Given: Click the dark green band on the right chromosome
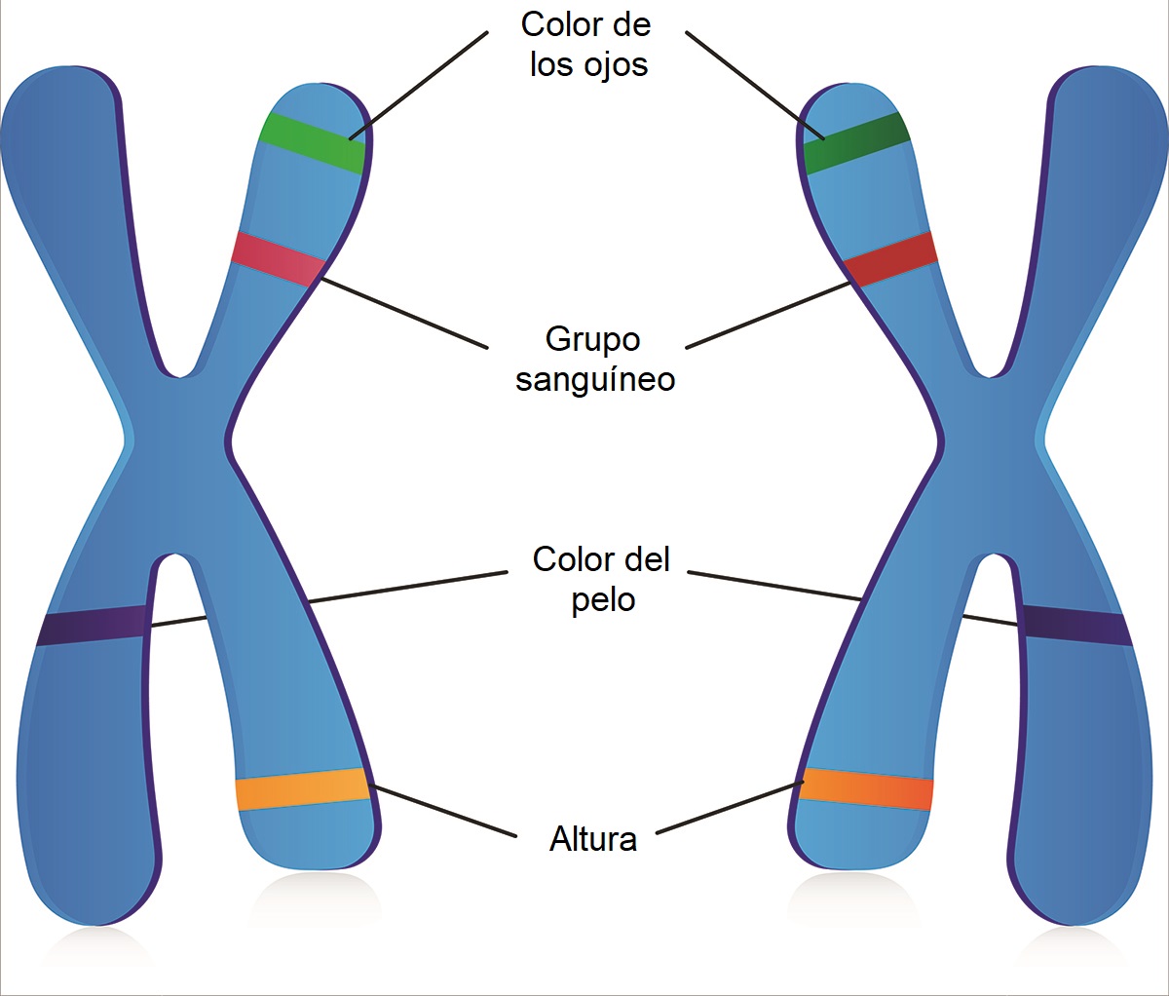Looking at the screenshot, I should (855, 143).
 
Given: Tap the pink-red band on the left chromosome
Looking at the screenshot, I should (279, 258).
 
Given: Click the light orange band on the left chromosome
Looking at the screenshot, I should (302, 789).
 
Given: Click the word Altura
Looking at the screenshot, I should (593, 839).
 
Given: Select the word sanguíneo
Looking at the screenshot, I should (595, 379).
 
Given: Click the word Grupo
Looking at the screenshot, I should (592, 339).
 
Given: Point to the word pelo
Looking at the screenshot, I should (603, 600).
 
